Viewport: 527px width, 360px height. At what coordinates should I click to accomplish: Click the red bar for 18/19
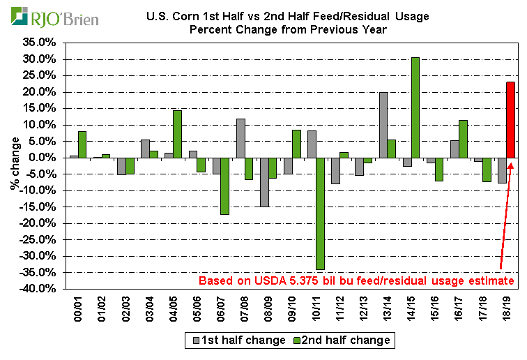click(510, 120)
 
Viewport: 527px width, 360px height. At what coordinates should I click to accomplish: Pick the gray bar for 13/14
click(383, 125)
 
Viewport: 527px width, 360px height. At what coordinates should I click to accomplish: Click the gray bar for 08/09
click(264, 182)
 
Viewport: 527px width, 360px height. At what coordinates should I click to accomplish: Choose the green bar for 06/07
click(224, 186)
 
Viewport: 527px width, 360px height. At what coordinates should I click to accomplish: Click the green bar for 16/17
click(462, 139)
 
